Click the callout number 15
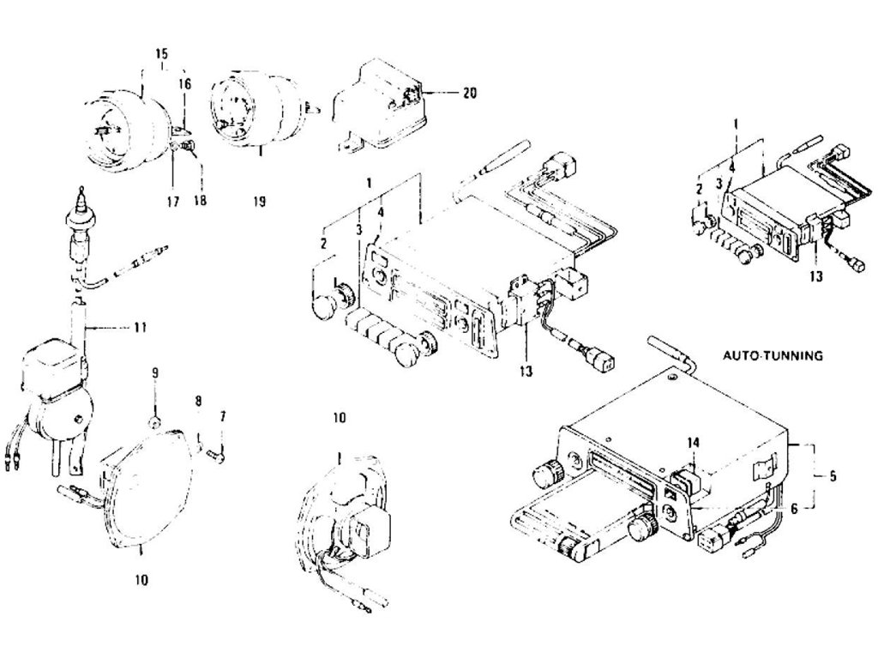point(161,53)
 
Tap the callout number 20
point(469,93)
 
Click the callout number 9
point(155,372)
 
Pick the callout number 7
point(223,416)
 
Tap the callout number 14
point(692,442)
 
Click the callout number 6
point(793,508)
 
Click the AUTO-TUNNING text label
point(773,354)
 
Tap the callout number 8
point(198,400)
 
